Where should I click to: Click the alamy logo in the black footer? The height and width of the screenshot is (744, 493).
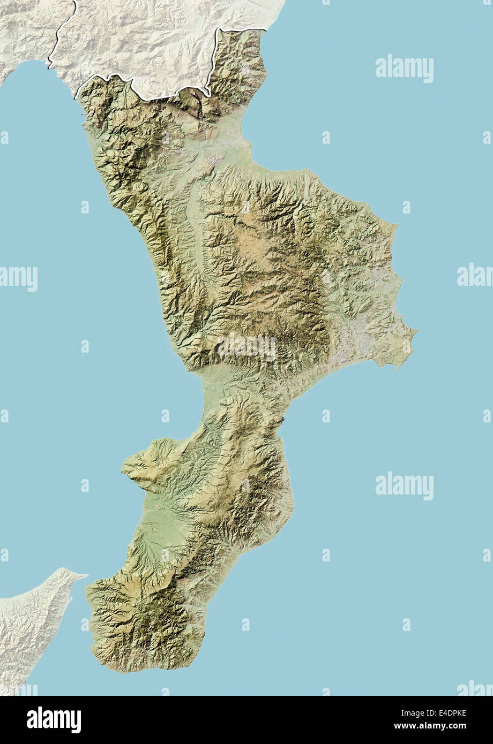(54, 720)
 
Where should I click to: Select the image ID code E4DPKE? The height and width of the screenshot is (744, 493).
(445, 712)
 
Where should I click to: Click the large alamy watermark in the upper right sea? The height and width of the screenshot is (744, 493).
(404, 68)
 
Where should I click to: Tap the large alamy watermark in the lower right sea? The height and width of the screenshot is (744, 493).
(404, 486)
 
